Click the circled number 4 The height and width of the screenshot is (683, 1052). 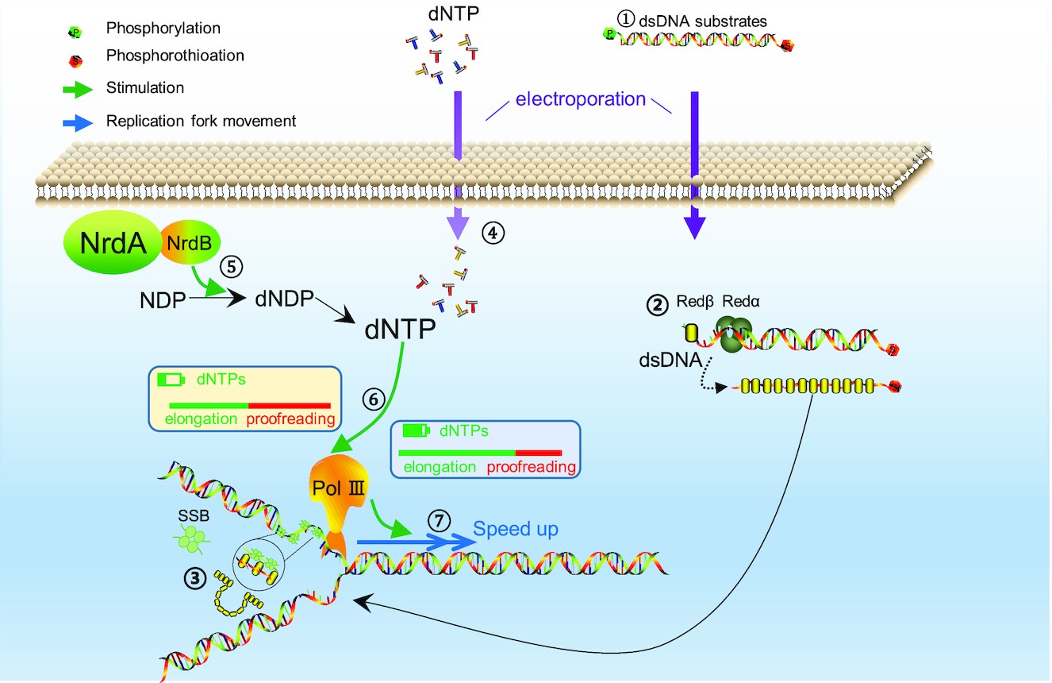point(493,233)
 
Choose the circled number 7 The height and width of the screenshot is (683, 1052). point(440,522)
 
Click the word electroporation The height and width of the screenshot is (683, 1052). point(581,99)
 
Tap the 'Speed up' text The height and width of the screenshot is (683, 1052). point(516,529)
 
